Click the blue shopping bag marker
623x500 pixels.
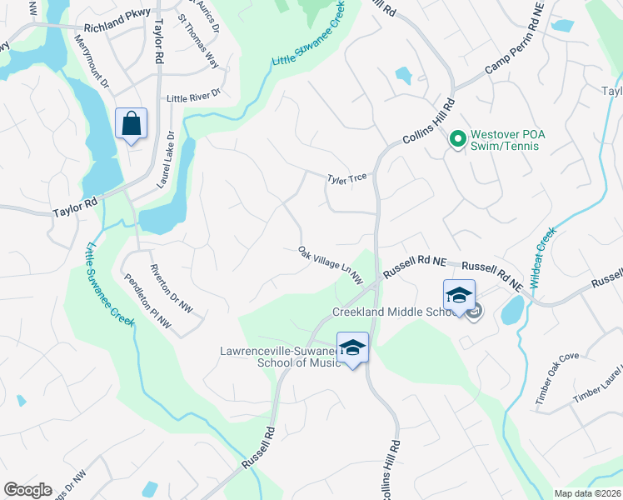click(132, 124)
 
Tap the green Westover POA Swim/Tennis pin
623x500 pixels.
click(456, 139)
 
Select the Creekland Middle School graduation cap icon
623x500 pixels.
click(458, 296)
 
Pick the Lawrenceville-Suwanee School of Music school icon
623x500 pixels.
click(352, 347)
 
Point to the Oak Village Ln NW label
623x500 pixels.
click(331, 262)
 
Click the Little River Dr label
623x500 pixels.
click(192, 97)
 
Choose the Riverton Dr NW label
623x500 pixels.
click(171, 288)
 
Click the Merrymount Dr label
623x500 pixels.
click(92, 60)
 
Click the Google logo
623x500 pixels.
click(27, 489)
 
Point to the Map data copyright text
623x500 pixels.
click(588, 492)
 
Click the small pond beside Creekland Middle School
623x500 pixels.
click(511, 311)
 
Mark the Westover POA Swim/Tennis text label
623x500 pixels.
click(505, 139)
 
